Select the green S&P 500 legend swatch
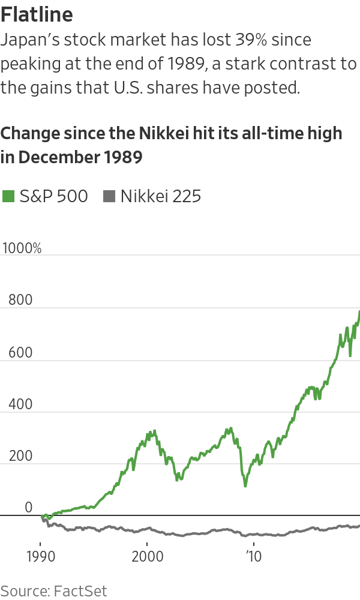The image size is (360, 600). tap(8, 196)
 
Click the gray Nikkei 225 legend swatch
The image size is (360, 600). tap(109, 196)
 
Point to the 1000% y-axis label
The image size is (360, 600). tap(22, 248)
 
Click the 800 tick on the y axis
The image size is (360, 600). tap(16, 300)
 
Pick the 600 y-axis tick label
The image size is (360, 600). tap(16, 352)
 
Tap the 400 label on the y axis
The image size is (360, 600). tap(16, 404)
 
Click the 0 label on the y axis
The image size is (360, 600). tap(29, 508)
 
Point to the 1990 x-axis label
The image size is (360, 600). tap(41, 556)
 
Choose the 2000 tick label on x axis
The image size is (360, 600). tap(148, 556)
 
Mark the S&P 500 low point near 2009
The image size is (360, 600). tap(245, 485)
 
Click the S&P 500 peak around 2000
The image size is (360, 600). tap(155, 430)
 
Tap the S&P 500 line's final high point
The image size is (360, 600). tap(359, 311)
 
